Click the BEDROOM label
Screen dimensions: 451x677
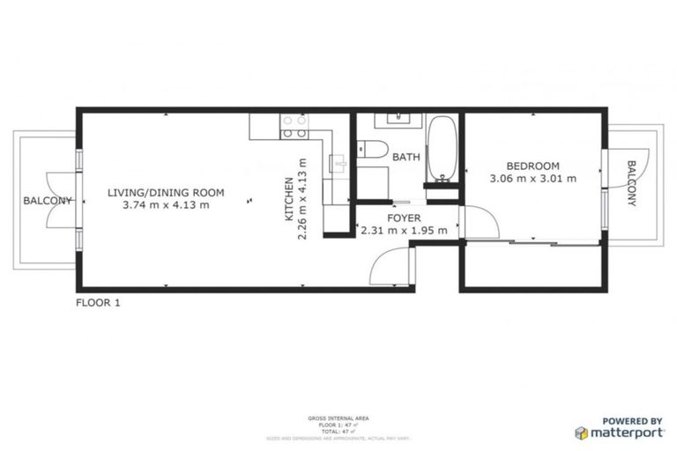click(532, 166)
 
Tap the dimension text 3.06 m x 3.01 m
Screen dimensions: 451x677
click(532, 179)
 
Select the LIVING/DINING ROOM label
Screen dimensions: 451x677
click(166, 192)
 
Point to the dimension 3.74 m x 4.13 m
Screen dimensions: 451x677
click(166, 205)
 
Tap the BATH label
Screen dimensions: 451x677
click(405, 158)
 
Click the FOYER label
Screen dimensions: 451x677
click(404, 218)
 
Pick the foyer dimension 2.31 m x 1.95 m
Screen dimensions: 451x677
click(404, 231)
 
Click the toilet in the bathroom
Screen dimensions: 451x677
click(368, 149)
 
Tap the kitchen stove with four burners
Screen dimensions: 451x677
click(294, 129)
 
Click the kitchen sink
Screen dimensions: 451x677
click(337, 163)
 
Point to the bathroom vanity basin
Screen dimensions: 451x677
click(398, 118)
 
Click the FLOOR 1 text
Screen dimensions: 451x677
click(97, 303)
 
